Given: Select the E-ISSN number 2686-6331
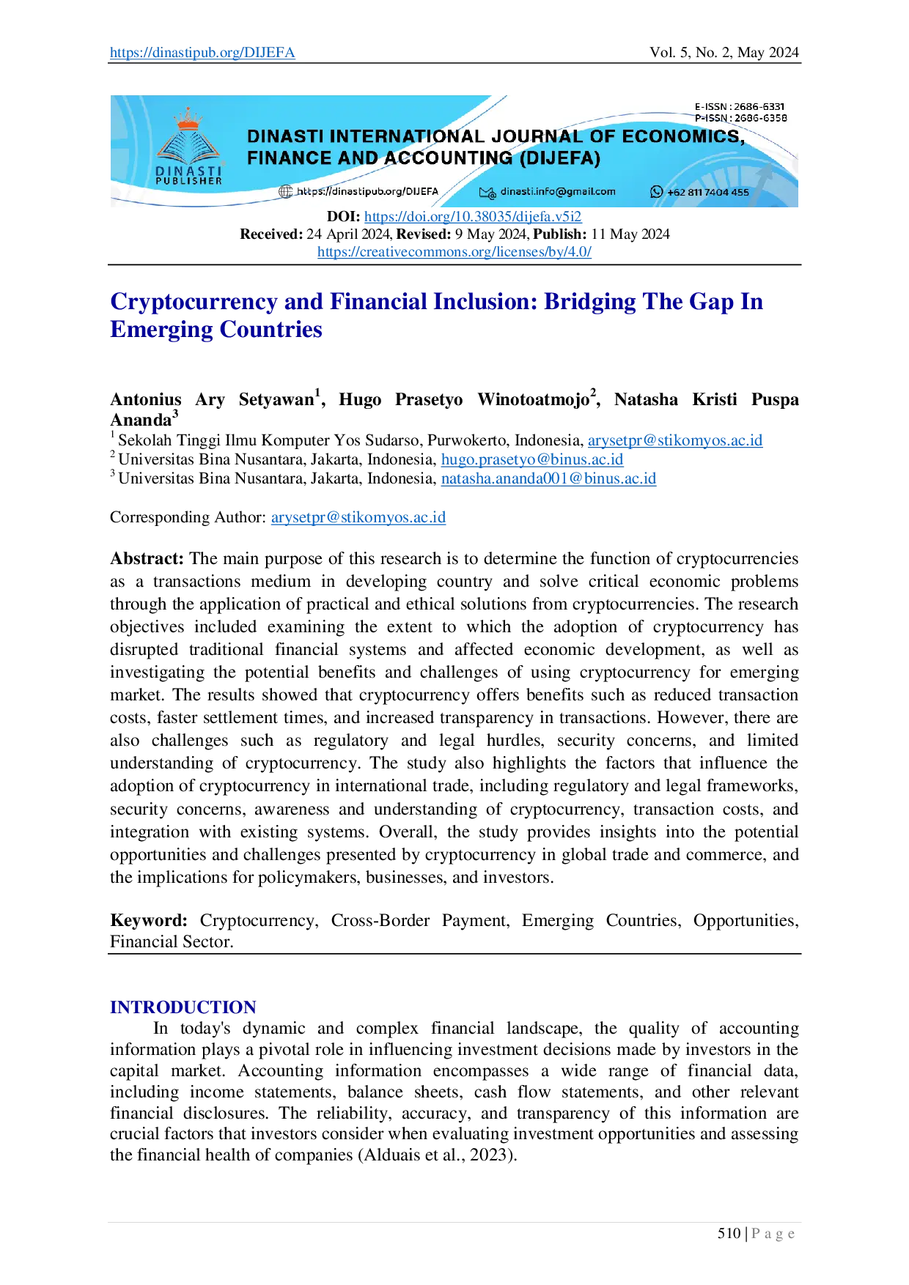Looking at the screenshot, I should (759, 107).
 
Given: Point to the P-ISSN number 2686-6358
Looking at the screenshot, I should (760, 118).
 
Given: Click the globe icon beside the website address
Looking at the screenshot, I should (286, 192).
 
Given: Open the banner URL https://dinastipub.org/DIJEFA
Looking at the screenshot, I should (367, 192).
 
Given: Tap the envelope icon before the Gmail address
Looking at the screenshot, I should (487, 193).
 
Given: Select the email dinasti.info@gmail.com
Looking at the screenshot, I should (558, 192).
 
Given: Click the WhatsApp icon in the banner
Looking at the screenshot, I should (656, 192).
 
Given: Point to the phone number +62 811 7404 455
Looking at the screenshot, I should (708, 193).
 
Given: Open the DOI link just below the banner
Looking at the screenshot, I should (473, 217).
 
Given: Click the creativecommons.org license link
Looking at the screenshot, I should (454, 253).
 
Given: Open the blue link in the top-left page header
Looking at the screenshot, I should (202, 53).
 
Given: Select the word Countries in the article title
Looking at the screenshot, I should (271, 329).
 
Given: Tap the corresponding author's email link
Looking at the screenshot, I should (359, 518).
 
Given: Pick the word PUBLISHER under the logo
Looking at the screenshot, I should (188, 181).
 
